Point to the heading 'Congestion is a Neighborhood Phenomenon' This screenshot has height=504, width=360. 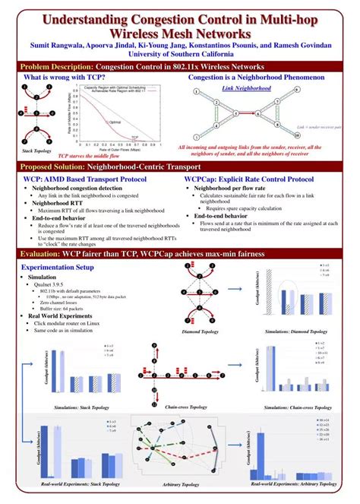(x=256, y=78)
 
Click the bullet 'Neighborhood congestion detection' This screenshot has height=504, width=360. (x=77, y=188)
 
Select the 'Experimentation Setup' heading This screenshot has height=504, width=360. (x=58, y=268)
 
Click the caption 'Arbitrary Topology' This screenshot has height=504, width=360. (x=181, y=484)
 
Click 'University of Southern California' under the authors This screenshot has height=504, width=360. (x=180, y=54)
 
